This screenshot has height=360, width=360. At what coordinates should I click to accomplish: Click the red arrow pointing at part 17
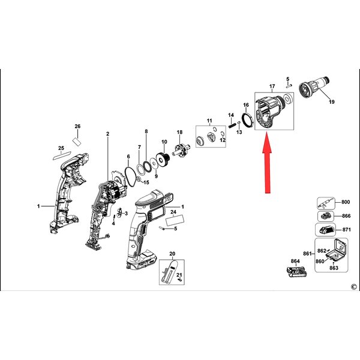click(267, 163)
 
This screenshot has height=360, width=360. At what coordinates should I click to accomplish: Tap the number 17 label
click(272, 86)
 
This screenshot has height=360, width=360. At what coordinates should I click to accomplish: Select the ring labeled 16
click(248, 119)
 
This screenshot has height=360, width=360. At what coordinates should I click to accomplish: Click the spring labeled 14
click(232, 125)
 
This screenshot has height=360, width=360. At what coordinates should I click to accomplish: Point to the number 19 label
click(332, 102)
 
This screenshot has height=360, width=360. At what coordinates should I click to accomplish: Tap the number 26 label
click(77, 126)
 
